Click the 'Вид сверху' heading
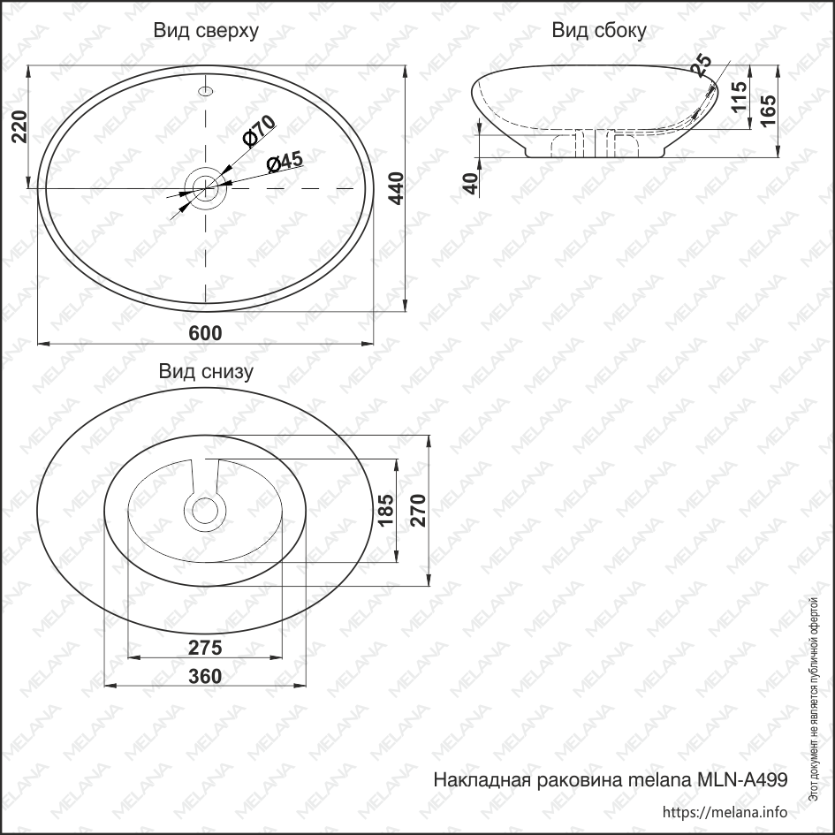pos(206,32)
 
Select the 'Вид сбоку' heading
pos(599,32)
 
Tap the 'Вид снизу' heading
pos(206,372)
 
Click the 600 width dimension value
pos(205,332)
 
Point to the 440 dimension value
pos(396,189)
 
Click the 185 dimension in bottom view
pos(385,512)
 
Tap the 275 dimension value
pos(205,647)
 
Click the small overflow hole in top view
pos(206,90)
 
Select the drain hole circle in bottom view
pos(205,510)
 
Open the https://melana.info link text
pos(724,812)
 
